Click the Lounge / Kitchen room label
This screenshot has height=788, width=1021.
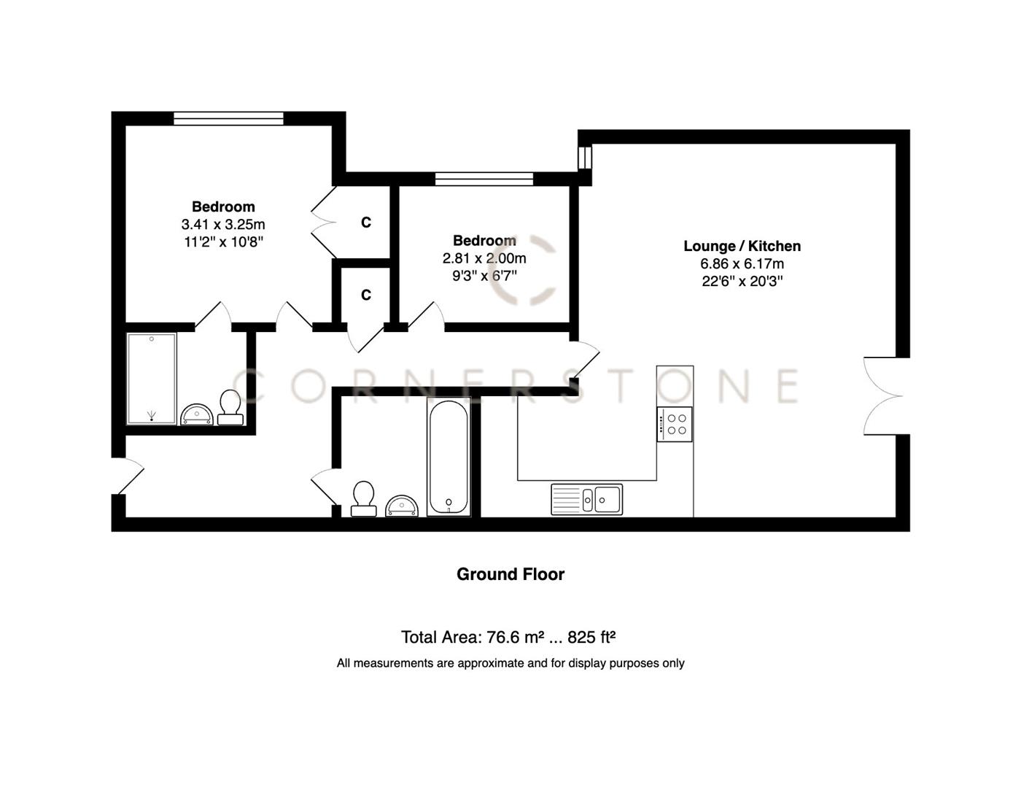(742, 247)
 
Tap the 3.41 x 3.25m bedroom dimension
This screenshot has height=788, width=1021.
(223, 225)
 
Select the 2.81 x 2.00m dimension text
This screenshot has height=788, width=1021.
(484, 258)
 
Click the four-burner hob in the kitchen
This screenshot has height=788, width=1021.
(675, 424)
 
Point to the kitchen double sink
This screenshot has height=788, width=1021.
(587, 500)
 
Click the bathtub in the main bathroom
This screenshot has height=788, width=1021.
(448, 458)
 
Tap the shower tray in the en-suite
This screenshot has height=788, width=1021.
(152, 379)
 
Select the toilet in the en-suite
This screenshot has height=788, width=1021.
(230, 407)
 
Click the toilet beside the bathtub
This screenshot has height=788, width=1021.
(363, 498)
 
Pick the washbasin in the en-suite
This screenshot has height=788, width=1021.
(195, 415)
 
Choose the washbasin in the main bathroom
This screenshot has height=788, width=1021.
(401, 506)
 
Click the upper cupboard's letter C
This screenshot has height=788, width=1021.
(366, 223)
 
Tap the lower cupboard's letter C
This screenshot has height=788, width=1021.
(366, 295)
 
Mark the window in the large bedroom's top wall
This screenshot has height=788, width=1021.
(228, 118)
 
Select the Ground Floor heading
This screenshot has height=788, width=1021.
(510, 574)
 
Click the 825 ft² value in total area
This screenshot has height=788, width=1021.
(591, 637)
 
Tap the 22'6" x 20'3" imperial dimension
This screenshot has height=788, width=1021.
(742, 282)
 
